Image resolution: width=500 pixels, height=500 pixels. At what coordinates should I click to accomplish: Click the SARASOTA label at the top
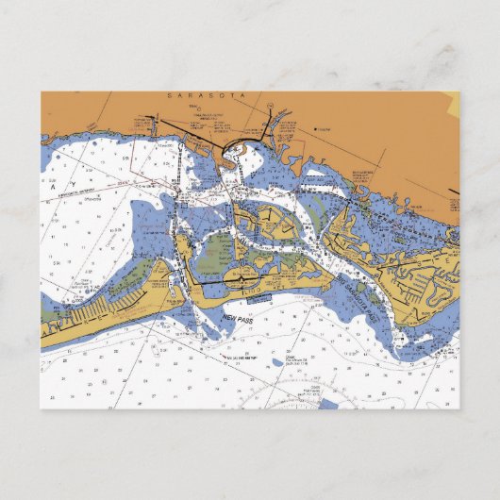[198, 96]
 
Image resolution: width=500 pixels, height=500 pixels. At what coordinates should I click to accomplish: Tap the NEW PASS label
[240, 320]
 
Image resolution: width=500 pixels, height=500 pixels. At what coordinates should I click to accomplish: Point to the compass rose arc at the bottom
[283, 400]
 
